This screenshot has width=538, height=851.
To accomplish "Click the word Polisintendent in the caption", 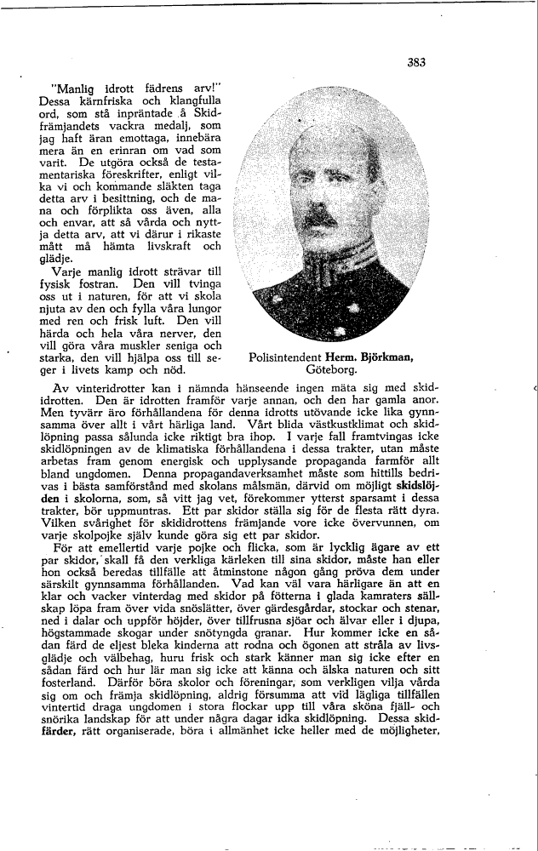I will tap(290, 359).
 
